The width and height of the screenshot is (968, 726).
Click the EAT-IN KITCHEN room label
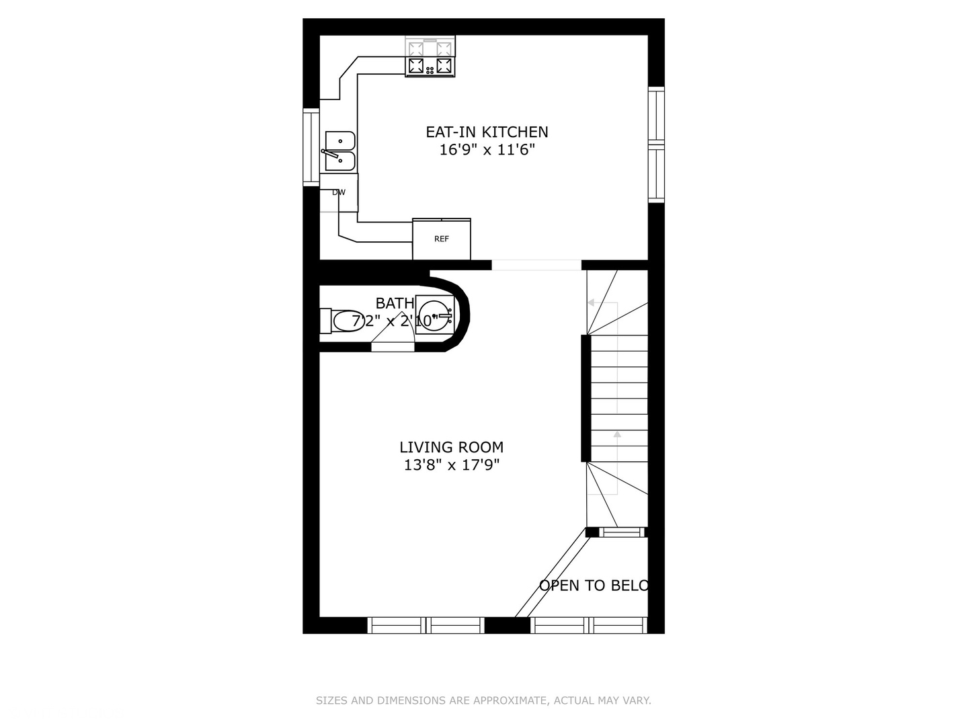coord(487,132)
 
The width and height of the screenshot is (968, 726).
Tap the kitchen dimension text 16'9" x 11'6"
coord(487,150)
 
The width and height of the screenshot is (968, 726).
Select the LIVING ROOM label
coord(451,447)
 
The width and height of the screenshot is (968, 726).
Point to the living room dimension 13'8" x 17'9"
coord(451,465)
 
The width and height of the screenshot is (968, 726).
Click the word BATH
coord(395,303)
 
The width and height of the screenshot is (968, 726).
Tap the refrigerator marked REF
coord(441,239)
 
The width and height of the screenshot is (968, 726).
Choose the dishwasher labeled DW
coord(339,192)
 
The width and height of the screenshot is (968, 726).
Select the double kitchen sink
coord(339,151)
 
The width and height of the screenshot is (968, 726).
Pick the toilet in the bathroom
coord(344,321)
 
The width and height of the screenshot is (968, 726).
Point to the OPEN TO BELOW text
coord(594,586)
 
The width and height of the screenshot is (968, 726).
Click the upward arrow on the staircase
coord(617,435)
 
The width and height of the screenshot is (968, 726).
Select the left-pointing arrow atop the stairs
coord(592,302)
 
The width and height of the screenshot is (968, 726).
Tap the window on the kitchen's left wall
coord(311,147)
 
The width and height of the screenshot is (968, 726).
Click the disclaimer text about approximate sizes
coord(483,700)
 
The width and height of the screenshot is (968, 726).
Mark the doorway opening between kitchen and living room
coord(536,265)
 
